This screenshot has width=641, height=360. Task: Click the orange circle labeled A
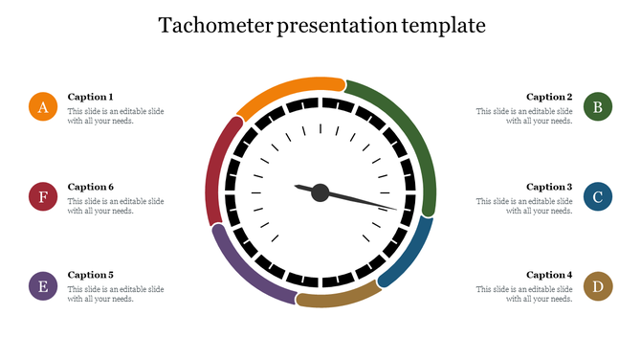42,107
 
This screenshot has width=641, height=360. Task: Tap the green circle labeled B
598,107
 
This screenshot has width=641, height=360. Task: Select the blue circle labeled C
598,197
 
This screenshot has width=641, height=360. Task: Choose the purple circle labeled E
42,286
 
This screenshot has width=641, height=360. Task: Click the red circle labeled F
42,197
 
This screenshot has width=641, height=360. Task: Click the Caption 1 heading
91,97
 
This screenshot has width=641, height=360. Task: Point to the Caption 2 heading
549,97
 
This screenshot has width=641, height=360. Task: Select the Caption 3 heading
549,187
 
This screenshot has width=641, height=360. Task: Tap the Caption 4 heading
549,275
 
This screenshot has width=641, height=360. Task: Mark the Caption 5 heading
91,275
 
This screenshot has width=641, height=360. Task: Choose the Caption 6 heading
91,187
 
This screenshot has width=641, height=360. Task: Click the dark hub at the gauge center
320,192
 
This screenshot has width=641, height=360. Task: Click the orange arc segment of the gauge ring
287,88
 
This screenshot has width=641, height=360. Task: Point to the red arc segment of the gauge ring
217,168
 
